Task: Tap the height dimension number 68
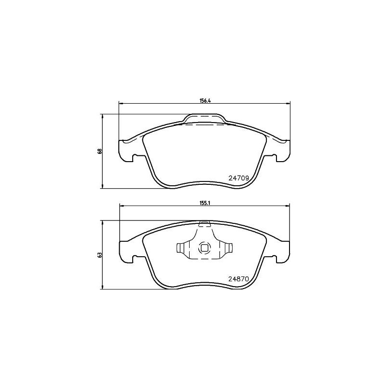tap(100, 151)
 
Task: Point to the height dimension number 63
tap(100, 254)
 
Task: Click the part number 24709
tap(238, 178)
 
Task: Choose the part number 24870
tap(238, 279)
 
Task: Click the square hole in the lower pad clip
tap(205, 248)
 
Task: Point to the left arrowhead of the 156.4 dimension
tap(121, 103)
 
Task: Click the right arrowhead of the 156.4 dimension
tap(288, 103)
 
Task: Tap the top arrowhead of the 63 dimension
tap(102, 222)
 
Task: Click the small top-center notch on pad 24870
tap(205, 223)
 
